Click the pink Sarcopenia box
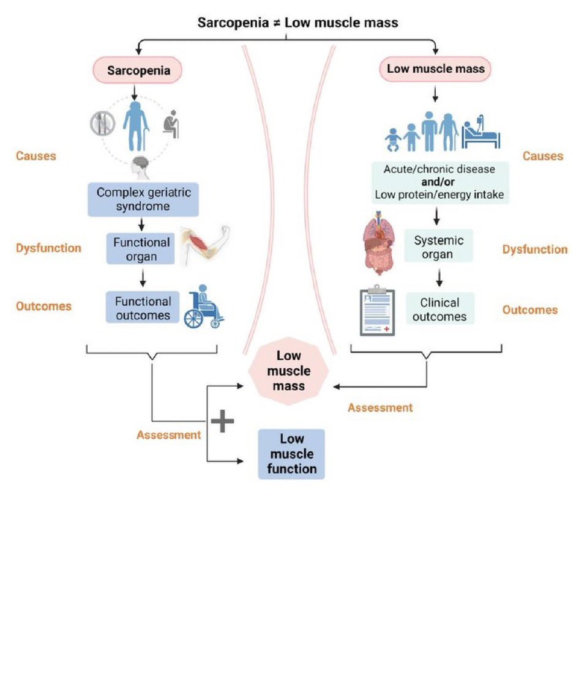(139, 70)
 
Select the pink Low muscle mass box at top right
(435, 69)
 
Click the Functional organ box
(141, 248)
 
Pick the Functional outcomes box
(143, 308)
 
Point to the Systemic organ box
(439, 247)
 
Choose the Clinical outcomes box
(439, 309)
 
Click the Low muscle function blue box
(291, 454)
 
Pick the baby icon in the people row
(395, 140)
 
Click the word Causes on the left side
(36, 156)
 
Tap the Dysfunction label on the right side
(534, 250)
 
